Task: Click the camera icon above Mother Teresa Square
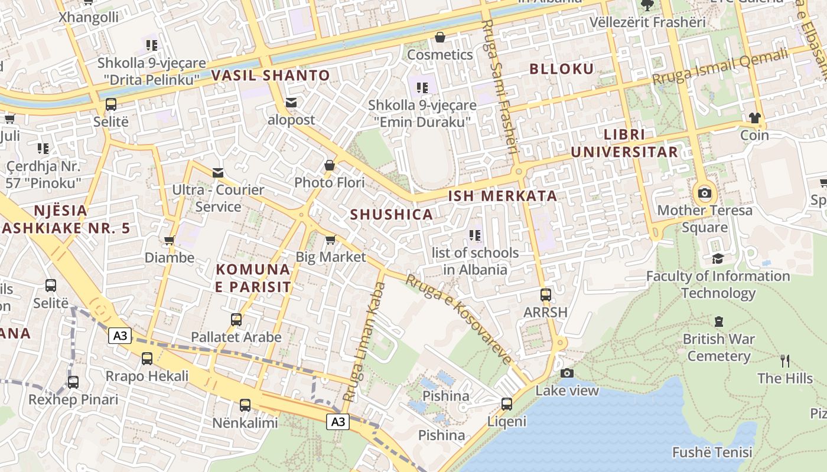[x=704, y=193]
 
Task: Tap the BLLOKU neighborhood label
[x=561, y=69]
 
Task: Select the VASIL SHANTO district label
[x=271, y=76]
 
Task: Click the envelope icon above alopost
[x=291, y=103]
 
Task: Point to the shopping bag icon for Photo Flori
[x=330, y=165]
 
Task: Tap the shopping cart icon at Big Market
[x=330, y=240]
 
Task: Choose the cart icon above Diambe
[x=170, y=240]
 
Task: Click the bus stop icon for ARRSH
[x=545, y=294]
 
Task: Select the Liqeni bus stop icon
[x=506, y=404]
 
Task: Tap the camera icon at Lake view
[x=566, y=373]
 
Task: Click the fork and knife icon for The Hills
[x=784, y=360]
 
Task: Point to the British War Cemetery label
[x=718, y=348]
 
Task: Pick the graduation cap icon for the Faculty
[x=718, y=258]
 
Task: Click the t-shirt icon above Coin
[x=754, y=118]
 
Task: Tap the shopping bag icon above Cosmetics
[x=440, y=38]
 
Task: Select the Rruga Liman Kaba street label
[x=364, y=342]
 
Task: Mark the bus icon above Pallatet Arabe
[x=236, y=320]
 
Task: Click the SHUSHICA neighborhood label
[x=392, y=215]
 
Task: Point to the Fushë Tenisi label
[x=712, y=453]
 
